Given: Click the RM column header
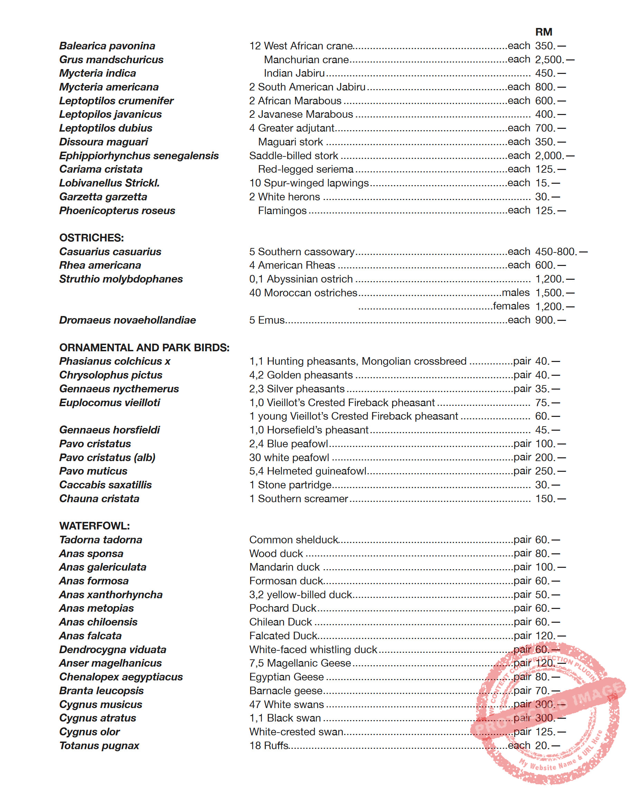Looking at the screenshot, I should (x=543, y=32).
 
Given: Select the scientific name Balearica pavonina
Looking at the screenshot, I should (x=107, y=46).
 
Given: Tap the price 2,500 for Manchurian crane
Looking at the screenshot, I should (x=549, y=59).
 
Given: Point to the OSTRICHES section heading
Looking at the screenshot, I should (x=92, y=238).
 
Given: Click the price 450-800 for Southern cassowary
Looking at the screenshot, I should (x=556, y=252).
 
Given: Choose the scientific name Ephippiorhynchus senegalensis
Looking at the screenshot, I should (x=139, y=155).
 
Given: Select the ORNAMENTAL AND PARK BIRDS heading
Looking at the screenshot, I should (x=144, y=347).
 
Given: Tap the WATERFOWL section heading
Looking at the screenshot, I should (x=95, y=526).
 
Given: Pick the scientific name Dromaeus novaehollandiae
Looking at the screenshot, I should (x=127, y=320).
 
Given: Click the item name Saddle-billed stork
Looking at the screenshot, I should (x=294, y=155).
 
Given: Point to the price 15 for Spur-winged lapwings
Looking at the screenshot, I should (x=542, y=183).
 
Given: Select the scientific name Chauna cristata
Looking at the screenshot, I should (x=99, y=498).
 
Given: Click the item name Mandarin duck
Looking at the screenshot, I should (x=284, y=567).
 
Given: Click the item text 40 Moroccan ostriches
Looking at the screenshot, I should (x=303, y=293).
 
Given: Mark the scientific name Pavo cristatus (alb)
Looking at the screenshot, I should (x=107, y=457).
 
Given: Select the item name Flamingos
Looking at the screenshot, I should (x=282, y=211).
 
